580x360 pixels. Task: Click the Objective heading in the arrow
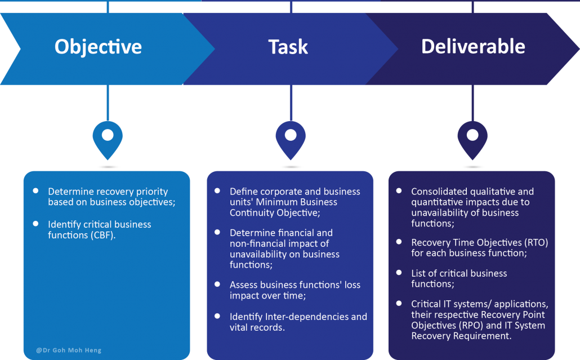[x=98, y=47]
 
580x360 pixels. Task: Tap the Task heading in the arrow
[x=288, y=47]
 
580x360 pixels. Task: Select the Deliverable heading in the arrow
[x=473, y=46]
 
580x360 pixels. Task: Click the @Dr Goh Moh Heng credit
[x=69, y=350]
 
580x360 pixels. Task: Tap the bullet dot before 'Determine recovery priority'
[x=35, y=191]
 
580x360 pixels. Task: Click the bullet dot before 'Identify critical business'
[x=35, y=224]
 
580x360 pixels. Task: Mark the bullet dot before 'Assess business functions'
[x=217, y=284]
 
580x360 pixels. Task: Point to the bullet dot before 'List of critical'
[x=399, y=273]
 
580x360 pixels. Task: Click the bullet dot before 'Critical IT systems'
[x=399, y=304]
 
